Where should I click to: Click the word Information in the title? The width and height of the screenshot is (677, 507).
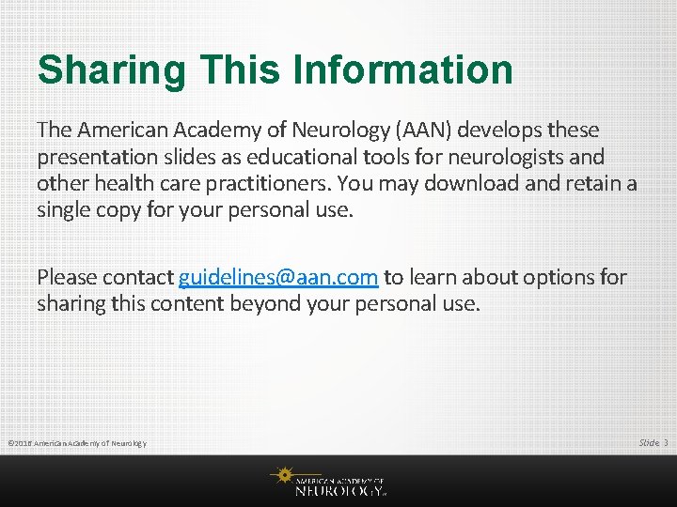(x=403, y=70)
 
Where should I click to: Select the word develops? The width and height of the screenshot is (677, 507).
(x=496, y=130)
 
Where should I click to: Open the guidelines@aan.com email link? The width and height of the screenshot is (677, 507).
(x=278, y=278)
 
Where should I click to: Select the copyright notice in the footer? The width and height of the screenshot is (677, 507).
(x=76, y=443)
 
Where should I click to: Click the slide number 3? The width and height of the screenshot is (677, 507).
(x=666, y=442)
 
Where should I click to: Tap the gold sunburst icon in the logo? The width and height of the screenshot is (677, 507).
(x=281, y=476)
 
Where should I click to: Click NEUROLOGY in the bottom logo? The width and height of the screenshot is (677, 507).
(x=338, y=489)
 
